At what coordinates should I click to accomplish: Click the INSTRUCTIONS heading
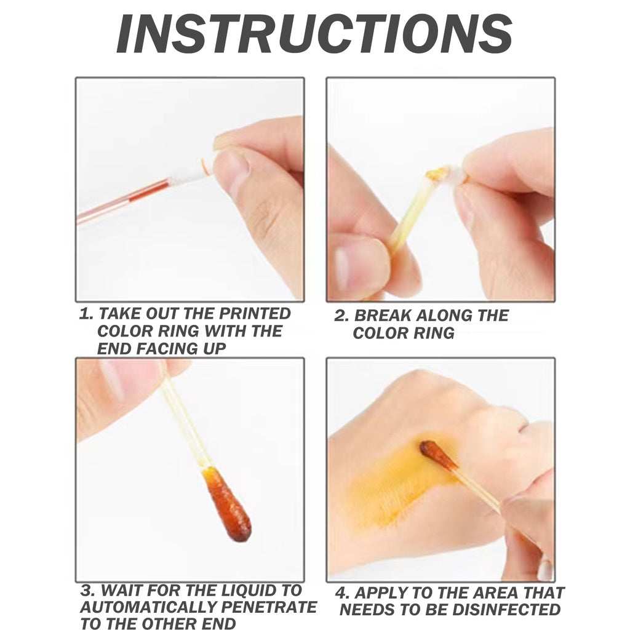314,34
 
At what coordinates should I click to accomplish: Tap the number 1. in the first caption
86,314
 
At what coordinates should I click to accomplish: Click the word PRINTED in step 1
256,314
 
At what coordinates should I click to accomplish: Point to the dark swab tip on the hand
439,455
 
